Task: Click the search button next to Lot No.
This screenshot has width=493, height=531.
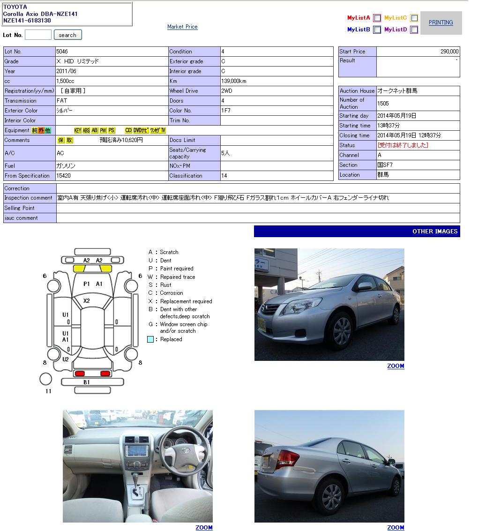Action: [x=67, y=35]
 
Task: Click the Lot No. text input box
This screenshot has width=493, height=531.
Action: [x=38, y=35]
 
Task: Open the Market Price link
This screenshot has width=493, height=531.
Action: [x=182, y=27]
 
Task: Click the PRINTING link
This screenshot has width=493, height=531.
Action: [x=441, y=22]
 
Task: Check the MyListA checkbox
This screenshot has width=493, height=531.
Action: [x=377, y=18]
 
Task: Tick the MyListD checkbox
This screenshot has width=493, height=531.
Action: [x=414, y=30]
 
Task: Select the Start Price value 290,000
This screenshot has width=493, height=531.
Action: [x=449, y=52]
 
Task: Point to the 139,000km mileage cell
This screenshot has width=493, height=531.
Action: [x=234, y=81]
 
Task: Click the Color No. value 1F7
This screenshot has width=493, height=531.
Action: [x=226, y=111]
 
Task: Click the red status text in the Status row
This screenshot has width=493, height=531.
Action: [x=403, y=145]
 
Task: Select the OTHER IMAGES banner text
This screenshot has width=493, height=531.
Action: [x=434, y=232]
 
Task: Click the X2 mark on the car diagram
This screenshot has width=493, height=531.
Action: [x=87, y=301]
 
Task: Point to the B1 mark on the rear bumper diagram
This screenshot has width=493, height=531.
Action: [x=87, y=382]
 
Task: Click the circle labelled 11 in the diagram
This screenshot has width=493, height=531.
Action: [x=46, y=379]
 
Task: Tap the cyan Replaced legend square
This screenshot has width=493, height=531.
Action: [x=150, y=339]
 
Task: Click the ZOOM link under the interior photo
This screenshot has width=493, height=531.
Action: [x=204, y=528]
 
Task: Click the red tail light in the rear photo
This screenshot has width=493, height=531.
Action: [x=287, y=458]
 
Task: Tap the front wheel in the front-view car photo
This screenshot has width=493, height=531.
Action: [x=342, y=331]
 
